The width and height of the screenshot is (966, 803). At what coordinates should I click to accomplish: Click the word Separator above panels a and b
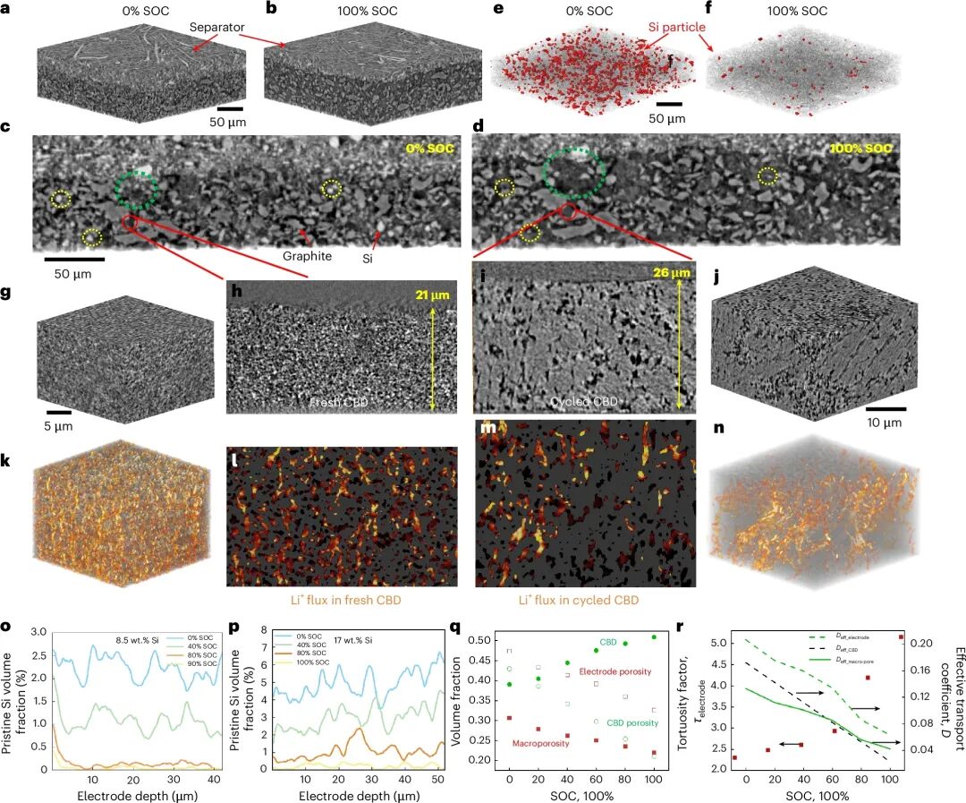coord(217,29)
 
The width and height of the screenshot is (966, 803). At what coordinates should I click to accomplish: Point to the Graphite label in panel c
coord(308,256)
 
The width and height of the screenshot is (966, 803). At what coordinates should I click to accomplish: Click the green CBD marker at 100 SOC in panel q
coord(654,637)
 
